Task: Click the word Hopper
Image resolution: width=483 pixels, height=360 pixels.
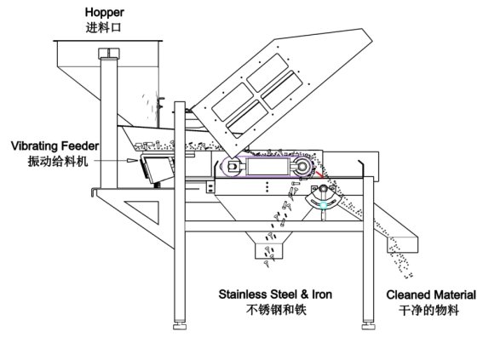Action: (x=105, y=14)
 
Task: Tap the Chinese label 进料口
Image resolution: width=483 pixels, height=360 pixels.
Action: (x=104, y=28)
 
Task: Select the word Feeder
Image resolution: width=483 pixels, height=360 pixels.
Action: (x=80, y=146)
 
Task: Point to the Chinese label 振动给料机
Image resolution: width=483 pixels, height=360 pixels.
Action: (x=58, y=161)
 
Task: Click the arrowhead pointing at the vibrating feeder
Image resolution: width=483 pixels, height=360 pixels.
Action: (x=132, y=160)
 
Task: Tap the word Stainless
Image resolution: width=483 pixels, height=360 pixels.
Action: (x=243, y=294)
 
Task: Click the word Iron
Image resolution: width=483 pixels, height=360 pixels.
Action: (x=322, y=294)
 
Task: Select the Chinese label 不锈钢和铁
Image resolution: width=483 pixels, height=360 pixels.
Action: (x=276, y=310)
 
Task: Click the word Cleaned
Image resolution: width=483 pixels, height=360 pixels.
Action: (x=408, y=294)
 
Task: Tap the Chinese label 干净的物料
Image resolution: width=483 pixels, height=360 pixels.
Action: (x=428, y=310)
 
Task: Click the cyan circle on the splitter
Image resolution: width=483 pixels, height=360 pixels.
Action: (x=323, y=205)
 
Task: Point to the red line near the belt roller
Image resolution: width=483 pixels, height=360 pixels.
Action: (x=319, y=174)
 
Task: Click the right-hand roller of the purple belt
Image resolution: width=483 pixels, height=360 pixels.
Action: (x=302, y=167)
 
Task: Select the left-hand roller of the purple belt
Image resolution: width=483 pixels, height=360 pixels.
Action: (x=233, y=167)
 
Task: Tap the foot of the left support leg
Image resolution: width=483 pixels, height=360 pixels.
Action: (x=180, y=326)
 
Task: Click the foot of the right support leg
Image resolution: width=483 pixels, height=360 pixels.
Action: (x=368, y=326)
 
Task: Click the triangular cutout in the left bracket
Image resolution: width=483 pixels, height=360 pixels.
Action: (x=146, y=210)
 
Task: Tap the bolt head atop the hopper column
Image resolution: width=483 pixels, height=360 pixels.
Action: (x=109, y=54)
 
